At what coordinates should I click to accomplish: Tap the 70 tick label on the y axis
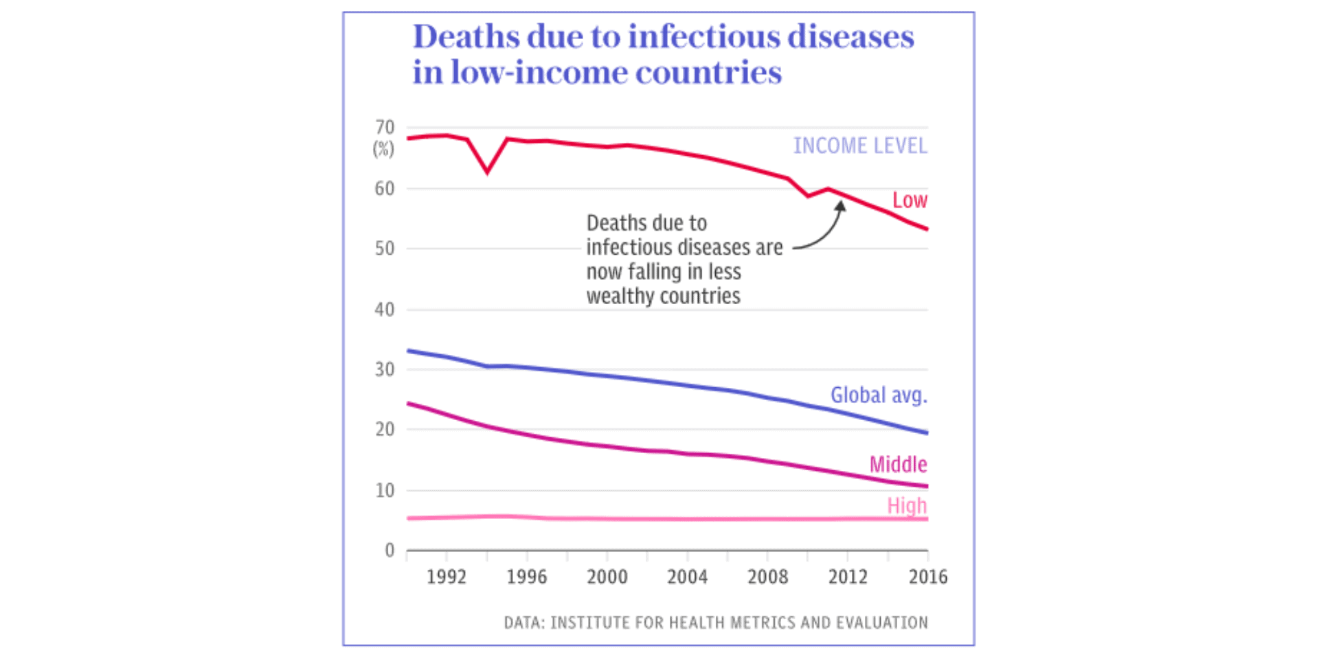pos(385,128)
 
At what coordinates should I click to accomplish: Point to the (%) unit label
pos(383,149)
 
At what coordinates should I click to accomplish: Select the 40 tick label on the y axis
pos(385,310)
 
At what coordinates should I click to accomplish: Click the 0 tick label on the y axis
pos(390,550)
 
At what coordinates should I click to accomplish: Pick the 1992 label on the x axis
pos(447,577)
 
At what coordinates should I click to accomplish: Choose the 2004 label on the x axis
pos(687,577)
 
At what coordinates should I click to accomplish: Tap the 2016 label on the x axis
pos(927,577)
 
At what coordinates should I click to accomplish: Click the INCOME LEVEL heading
pos(860,146)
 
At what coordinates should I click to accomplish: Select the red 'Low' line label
pos(910,200)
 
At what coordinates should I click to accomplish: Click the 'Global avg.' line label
pos(879,395)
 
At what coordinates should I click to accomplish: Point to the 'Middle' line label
pos(898,465)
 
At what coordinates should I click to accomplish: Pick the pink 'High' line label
pos(907,506)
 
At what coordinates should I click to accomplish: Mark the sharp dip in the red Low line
pos(487,171)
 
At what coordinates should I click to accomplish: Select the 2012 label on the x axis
pos(848,577)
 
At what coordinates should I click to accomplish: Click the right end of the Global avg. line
pos(926,432)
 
